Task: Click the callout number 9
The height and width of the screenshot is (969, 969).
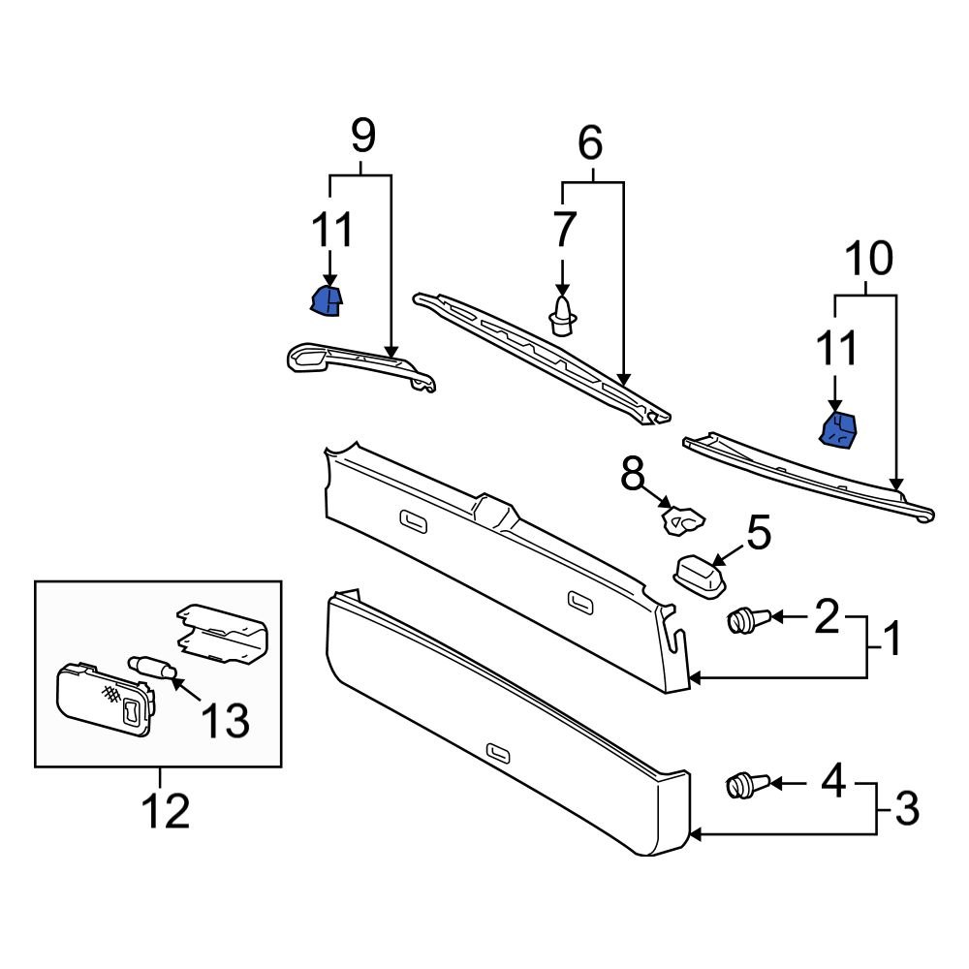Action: pyautogui.click(x=361, y=137)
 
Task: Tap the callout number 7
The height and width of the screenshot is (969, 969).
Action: pyautogui.click(x=564, y=231)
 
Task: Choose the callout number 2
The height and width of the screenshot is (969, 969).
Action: pyautogui.click(x=826, y=616)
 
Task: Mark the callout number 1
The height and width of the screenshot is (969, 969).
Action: pyautogui.click(x=891, y=640)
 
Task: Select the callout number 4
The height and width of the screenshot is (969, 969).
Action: pyautogui.click(x=833, y=780)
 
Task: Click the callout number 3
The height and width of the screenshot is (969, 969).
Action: pyautogui.click(x=906, y=807)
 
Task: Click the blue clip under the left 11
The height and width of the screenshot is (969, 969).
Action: pyautogui.click(x=327, y=301)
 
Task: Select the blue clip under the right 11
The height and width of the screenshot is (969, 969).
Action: pyautogui.click(x=838, y=430)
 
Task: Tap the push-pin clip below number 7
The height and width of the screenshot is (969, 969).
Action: pyautogui.click(x=562, y=316)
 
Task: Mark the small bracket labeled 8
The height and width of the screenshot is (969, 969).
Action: pyautogui.click(x=682, y=520)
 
